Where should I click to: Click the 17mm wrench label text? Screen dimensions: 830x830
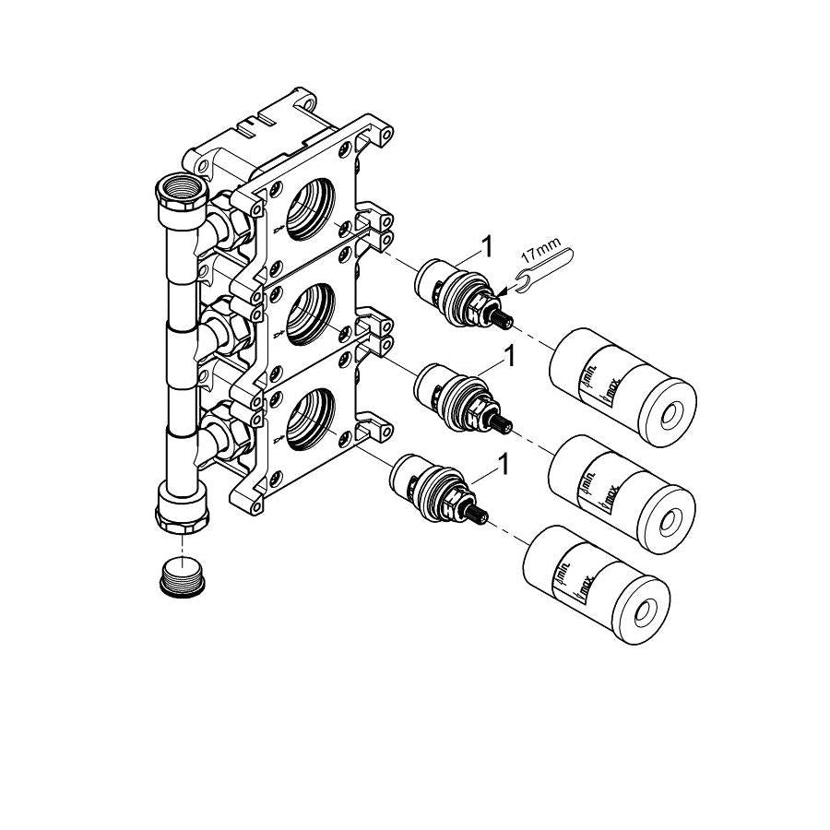pos(541,252)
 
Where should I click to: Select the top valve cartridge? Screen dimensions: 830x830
pos(464,294)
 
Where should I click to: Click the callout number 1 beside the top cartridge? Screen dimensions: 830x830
pos(486,247)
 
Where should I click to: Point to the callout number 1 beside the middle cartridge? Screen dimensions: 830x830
pos(509,356)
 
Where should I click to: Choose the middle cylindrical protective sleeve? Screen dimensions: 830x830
pos(622,494)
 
